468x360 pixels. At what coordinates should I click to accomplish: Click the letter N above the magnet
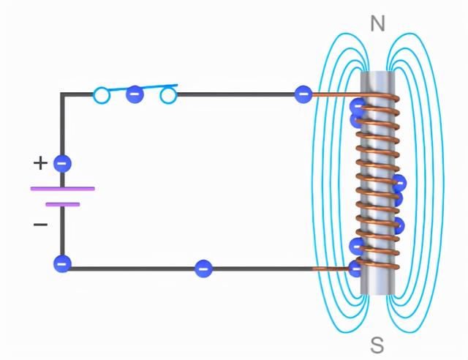pos(377,24)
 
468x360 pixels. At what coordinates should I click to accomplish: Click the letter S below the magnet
pos(377,344)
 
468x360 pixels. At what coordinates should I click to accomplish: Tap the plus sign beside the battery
pos(40,162)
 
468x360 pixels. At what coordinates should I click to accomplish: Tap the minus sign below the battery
pos(40,224)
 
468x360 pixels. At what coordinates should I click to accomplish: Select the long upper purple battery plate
pos(62,188)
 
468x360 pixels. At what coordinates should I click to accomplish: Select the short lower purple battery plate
pos(62,204)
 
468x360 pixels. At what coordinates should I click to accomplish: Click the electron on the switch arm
pos(135,94)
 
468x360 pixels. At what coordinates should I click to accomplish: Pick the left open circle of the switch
pos(102,95)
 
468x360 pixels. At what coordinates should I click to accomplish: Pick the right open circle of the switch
pos(168,95)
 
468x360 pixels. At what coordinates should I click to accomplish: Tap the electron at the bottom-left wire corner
pos(63,263)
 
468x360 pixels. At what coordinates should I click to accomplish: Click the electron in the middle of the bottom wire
pos(203,269)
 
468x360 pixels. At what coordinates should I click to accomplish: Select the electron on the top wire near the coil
pos(303,94)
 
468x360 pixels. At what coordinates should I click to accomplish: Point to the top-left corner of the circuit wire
pos(63,95)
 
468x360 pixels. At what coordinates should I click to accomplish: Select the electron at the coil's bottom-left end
pos(356,268)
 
